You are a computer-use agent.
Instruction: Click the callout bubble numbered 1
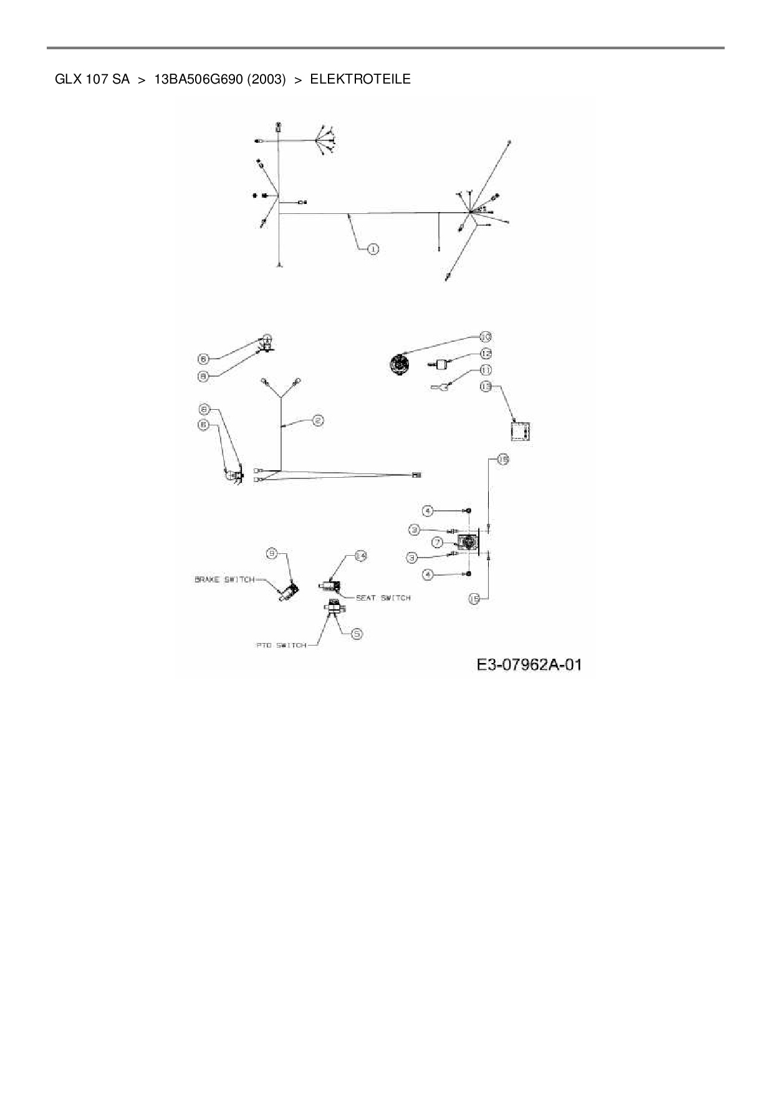point(373,249)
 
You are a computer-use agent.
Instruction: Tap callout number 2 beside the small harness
point(317,420)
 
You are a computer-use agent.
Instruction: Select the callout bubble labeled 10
point(485,337)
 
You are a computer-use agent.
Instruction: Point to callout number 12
point(486,354)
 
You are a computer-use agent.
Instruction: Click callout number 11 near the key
point(486,370)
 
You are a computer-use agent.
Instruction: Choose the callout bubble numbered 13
point(486,387)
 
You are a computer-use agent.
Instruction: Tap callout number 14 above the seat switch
point(360,556)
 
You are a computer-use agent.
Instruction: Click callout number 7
point(438,542)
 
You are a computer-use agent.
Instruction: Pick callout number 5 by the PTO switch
point(357,634)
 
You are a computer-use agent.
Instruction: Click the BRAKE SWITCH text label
point(224,579)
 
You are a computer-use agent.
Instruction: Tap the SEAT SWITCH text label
point(383,598)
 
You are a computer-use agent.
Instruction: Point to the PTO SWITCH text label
point(282,646)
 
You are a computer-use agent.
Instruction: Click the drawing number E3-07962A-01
point(529,665)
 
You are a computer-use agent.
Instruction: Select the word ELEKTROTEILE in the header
point(360,79)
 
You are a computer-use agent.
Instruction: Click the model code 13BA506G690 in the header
point(198,79)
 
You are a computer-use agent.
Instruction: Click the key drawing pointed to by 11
point(440,387)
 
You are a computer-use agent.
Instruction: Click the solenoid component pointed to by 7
point(466,543)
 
